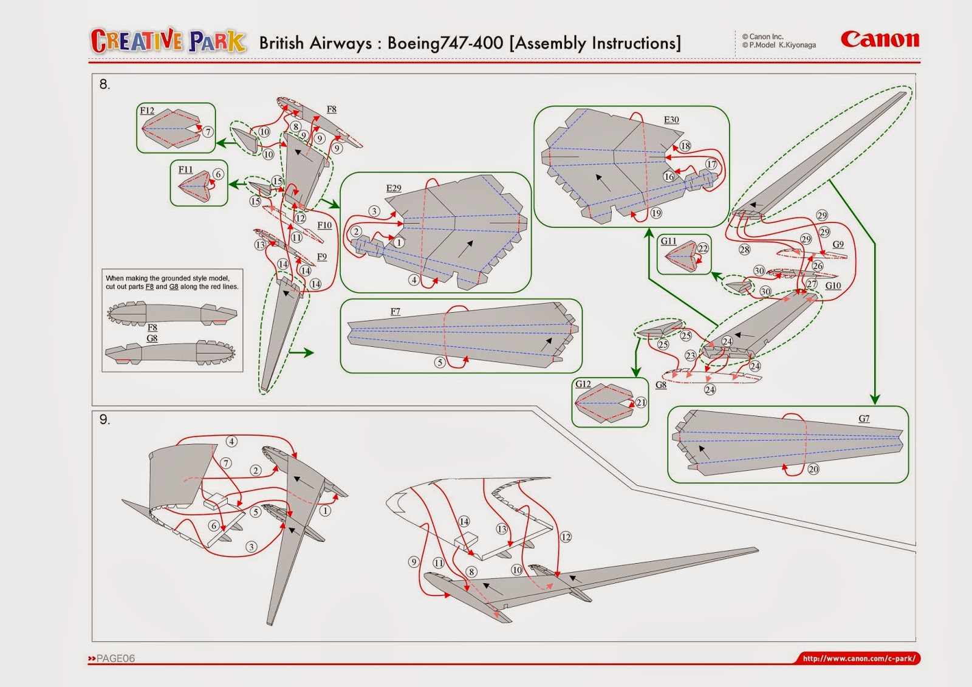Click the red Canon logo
tap(879, 39)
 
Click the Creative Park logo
tap(168, 41)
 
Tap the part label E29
tap(394, 188)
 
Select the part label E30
tap(671, 120)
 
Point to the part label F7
tap(395, 312)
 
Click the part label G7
tap(864, 419)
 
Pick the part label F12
tap(147, 111)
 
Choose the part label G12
tap(583, 384)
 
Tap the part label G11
tap(668, 241)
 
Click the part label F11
tap(185, 169)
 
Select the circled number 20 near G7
tap(813, 469)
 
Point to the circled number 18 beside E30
tap(685, 146)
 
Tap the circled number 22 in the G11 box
tap(703, 248)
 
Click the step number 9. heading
tap(104, 420)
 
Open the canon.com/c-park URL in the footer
tap(858, 658)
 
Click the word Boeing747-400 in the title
tap(445, 43)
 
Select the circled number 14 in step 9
tap(464, 521)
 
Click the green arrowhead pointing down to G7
tap(875, 399)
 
